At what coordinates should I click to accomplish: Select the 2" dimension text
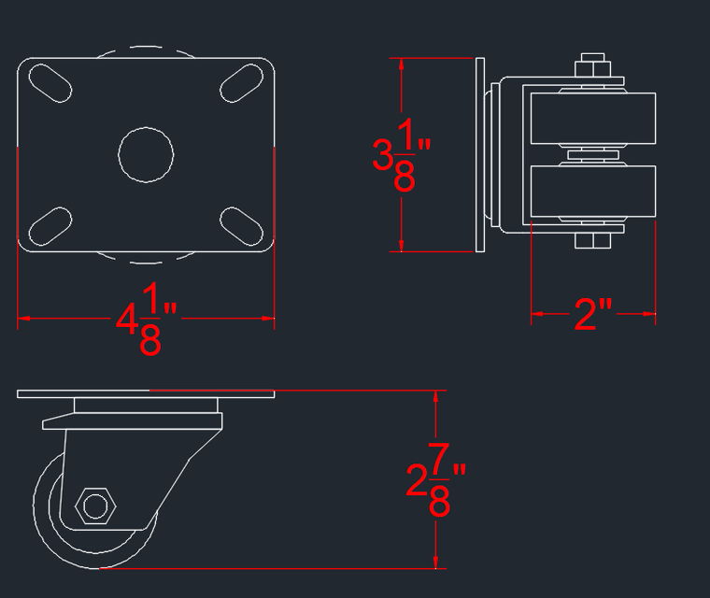tap(592, 316)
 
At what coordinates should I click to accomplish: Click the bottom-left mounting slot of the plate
tap(51, 225)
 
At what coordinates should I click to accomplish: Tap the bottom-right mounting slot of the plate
tap(241, 225)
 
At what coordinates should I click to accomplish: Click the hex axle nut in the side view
tap(94, 505)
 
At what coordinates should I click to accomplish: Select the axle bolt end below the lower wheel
tap(592, 242)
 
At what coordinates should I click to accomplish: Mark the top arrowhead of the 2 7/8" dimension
tap(435, 396)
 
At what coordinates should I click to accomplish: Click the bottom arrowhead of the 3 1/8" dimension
tap(402, 246)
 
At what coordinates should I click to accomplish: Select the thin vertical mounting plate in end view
tap(480, 155)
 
